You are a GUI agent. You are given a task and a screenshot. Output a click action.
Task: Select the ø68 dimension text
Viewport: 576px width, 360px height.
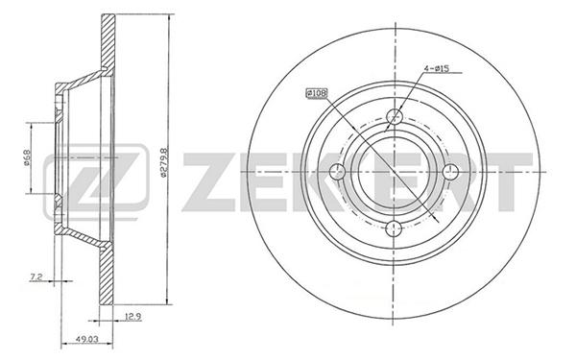[x=27, y=157]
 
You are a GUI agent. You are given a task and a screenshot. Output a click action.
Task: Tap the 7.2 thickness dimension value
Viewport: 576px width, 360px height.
[x=36, y=277]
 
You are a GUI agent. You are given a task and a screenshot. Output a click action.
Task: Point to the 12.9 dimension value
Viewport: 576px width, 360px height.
[x=133, y=316]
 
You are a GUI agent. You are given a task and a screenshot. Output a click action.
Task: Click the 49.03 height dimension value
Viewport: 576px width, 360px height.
[x=86, y=340]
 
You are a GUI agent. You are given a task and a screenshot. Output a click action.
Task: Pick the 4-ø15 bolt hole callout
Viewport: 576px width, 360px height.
[x=437, y=68]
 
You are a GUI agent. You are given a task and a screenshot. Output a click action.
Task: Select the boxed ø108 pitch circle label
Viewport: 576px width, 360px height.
[x=316, y=94]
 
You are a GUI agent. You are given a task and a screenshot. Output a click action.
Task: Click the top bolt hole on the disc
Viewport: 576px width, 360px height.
[x=395, y=117]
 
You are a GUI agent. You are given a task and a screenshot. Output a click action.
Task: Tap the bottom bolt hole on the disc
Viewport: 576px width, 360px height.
[x=394, y=228]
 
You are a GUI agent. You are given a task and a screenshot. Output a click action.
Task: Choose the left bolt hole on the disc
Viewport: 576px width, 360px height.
[x=338, y=172]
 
